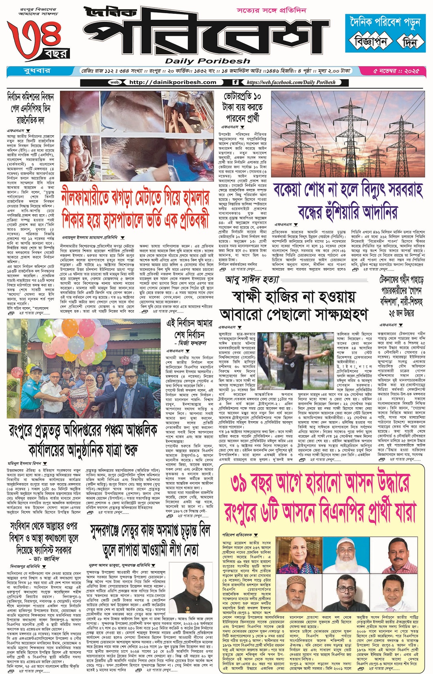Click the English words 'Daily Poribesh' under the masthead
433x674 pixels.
207,61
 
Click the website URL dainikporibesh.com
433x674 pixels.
173,82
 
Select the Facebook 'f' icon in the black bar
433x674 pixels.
235,82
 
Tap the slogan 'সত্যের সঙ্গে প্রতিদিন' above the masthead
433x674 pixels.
271,11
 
